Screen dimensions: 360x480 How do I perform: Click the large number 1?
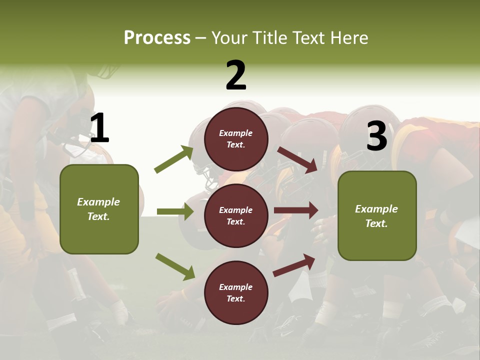click(99, 128)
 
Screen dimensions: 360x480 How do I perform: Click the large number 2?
click(236, 75)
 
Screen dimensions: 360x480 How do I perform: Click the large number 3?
click(376, 136)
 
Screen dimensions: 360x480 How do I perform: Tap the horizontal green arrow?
click(175, 211)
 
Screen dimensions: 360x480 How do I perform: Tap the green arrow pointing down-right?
click(175, 266)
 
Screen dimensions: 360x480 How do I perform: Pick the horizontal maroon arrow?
click(295, 210)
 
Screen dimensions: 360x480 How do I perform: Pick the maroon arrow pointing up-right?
click(294, 265)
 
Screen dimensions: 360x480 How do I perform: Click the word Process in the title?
click(157, 37)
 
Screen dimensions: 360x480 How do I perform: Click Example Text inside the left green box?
click(98, 209)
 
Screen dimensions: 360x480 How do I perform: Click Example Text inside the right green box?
click(376, 216)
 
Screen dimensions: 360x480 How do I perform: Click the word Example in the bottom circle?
click(236, 287)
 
